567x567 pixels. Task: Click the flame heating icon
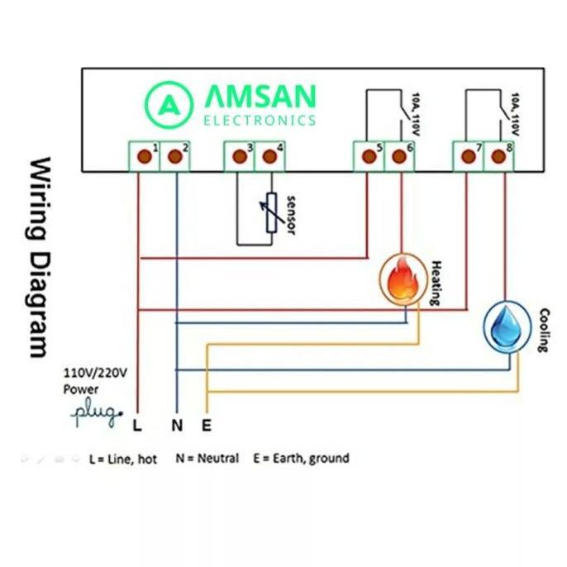(403, 279)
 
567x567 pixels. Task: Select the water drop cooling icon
(506, 324)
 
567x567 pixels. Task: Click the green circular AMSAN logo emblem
(168, 104)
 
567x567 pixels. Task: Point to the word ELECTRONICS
(260, 121)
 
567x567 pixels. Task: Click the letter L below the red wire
(137, 426)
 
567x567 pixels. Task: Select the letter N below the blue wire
(177, 426)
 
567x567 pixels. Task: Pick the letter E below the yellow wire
(207, 426)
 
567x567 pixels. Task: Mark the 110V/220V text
(95, 373)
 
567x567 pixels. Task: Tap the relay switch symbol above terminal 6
(400, 112)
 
